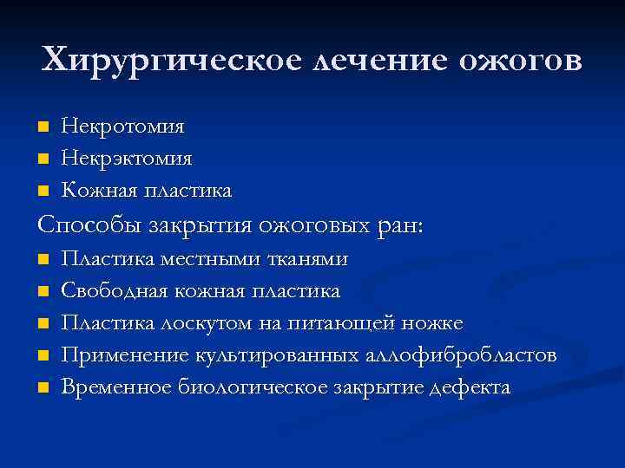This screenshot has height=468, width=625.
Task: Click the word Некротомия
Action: click(x=122, y=127)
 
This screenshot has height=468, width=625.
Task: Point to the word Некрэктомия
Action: click(x=127, y=159)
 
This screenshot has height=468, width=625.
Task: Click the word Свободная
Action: click(x=112, y=291)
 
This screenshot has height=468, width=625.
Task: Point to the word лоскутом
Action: click(x=206, y=323)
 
